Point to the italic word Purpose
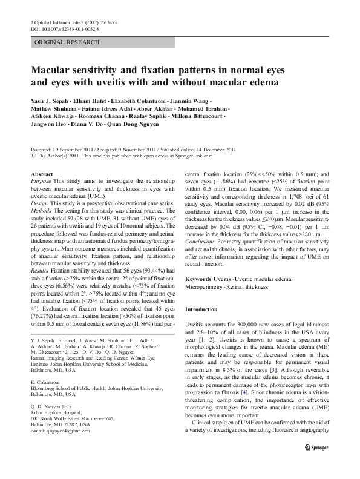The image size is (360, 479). click(x=41, y=180)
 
